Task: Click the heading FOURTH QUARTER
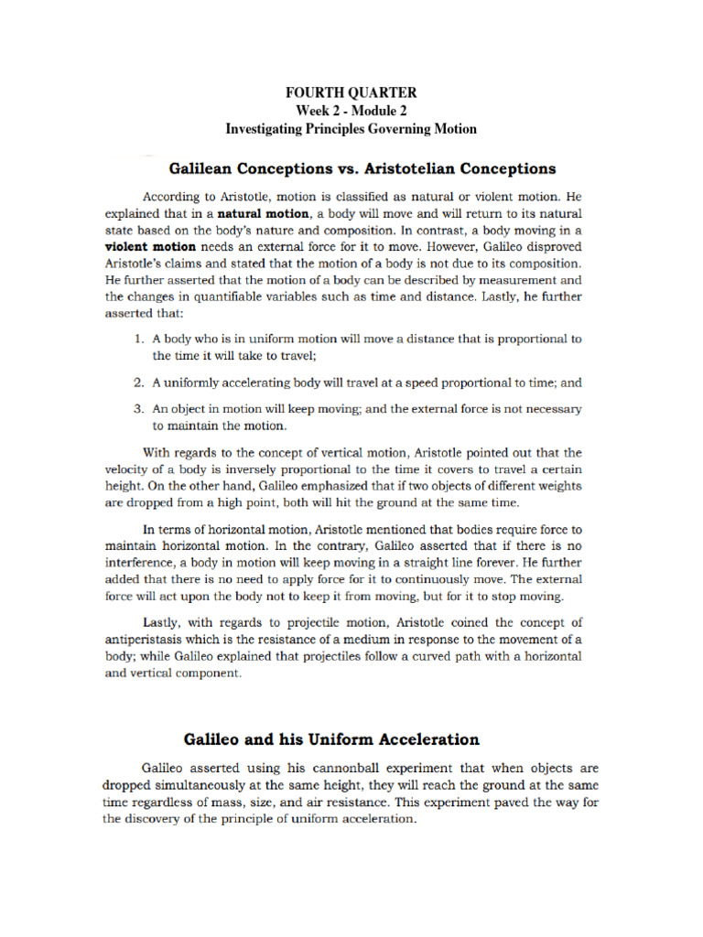[x=351, y=92]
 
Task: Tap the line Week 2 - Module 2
[x=351, y=111]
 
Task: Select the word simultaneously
[x=206, y=786]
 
